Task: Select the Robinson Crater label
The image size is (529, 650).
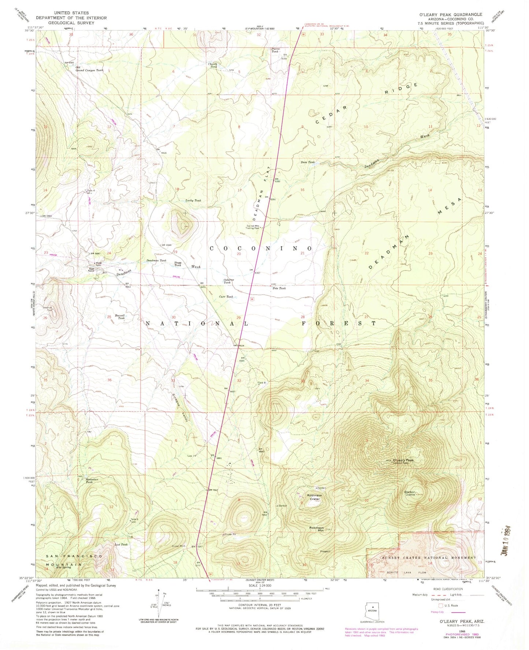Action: [x=314, y=497]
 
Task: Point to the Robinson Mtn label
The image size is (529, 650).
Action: [x=316, y=529]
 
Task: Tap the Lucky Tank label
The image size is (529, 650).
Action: [x=193, y=201]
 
